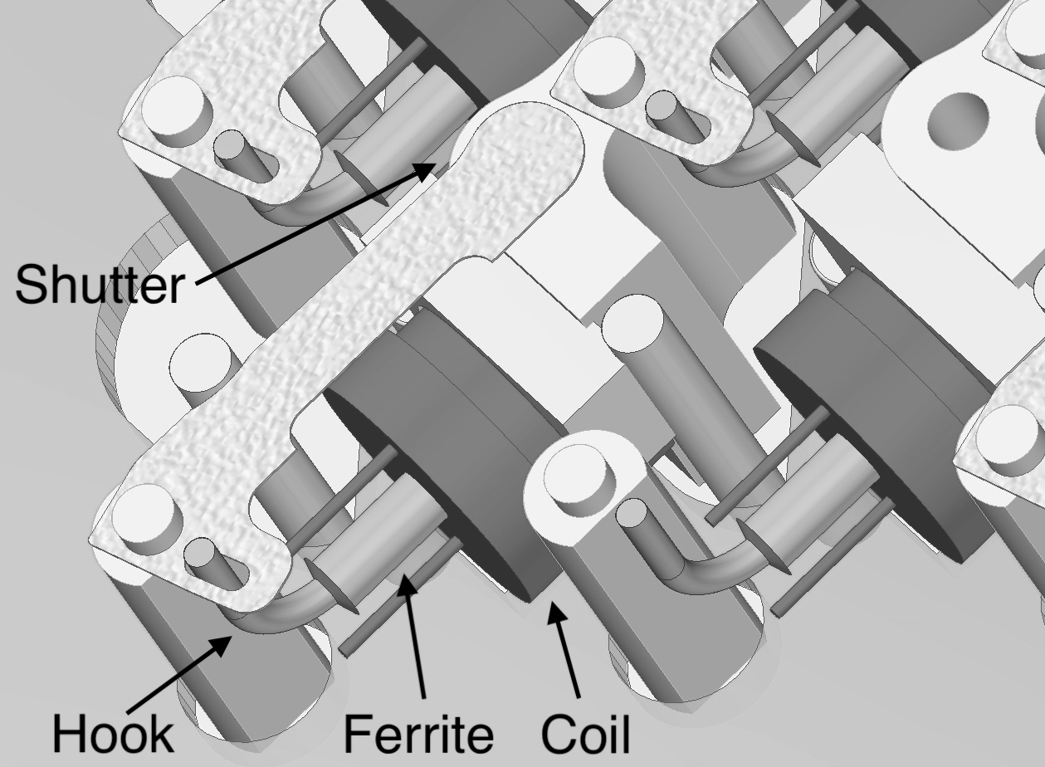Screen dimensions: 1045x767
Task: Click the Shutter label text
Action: point(100,284)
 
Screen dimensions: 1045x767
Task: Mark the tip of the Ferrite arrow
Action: point(406,577)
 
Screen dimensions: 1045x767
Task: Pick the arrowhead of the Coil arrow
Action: point(554,603)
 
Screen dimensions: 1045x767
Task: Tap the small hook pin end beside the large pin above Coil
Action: point(632,512)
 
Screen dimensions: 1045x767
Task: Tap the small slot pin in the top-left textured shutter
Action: point(230,144)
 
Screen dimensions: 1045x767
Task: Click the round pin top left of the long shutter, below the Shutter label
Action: point(202,363)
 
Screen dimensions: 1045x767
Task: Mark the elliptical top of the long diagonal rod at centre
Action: point(633,323)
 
